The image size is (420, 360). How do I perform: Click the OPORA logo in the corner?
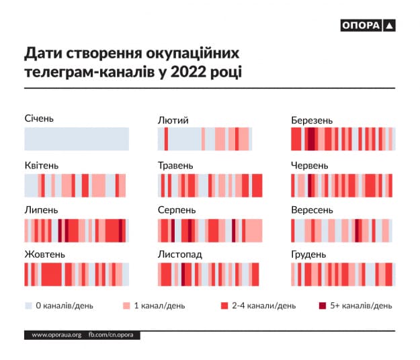368,26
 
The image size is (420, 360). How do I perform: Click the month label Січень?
38,119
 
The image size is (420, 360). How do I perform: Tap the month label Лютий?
173,120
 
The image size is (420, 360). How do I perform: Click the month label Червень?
310,165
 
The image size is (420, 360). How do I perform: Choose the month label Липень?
40,210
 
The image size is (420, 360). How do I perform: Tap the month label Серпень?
177,210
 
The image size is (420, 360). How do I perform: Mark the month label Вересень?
312,210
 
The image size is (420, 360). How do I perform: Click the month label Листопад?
179,255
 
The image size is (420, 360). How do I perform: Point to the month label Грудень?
309,255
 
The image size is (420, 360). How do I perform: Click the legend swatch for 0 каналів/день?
28,306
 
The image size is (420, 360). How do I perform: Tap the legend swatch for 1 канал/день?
126,306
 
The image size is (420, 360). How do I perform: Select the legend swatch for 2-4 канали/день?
224,306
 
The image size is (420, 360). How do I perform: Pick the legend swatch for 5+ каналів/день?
322,306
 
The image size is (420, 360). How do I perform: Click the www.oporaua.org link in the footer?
56,334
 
